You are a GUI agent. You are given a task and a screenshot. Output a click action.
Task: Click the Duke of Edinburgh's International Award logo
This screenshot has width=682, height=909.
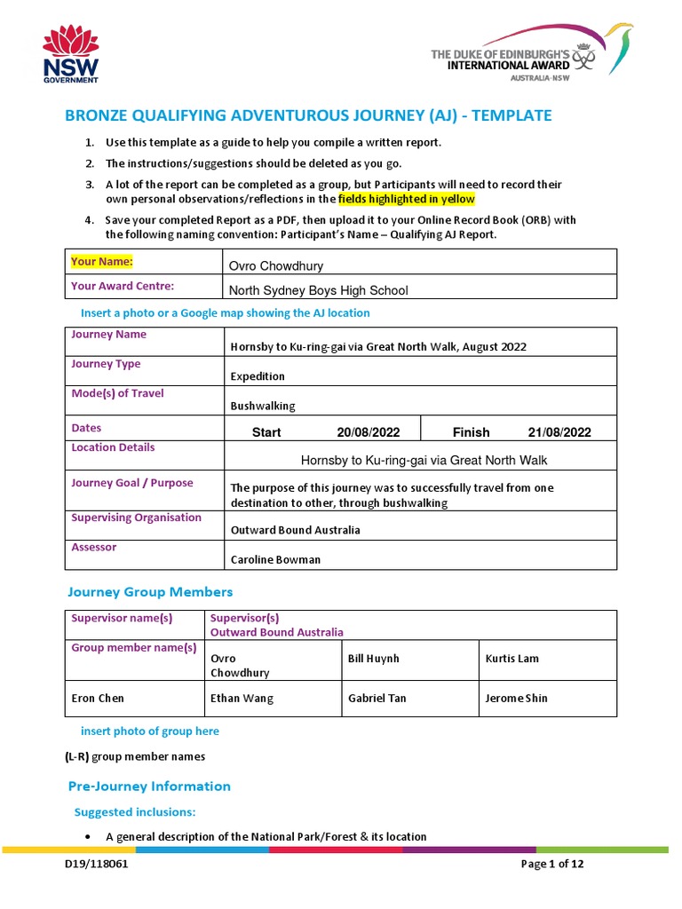point(530,53)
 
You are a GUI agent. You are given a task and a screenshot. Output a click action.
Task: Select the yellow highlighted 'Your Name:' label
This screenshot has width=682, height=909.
point(102,262)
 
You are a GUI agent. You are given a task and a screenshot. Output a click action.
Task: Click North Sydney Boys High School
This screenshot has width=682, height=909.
point(319,290)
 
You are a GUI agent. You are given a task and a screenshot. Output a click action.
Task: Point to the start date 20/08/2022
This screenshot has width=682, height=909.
point(368,432)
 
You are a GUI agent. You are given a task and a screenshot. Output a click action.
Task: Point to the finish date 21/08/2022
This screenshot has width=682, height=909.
point(559,432)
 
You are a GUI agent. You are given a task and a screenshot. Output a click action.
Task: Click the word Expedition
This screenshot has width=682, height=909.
point(258,376)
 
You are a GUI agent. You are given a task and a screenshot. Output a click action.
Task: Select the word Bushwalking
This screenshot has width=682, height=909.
point(263,406)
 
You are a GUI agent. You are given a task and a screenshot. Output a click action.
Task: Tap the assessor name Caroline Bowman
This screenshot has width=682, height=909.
point(275,559)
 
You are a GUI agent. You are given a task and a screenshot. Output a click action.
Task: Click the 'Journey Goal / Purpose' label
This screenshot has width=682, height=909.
point(131,483)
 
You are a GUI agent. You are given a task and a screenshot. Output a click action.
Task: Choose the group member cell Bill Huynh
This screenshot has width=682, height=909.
point(374,659)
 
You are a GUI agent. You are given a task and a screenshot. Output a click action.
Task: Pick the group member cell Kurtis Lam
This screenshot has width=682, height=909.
point(512,659)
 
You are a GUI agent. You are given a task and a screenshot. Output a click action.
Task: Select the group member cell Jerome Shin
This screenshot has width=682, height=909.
point(516,698)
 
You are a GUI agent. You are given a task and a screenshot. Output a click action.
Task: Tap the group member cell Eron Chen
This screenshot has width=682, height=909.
point(98,698)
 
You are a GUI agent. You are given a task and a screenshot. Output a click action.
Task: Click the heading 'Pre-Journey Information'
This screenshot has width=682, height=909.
point(149,786)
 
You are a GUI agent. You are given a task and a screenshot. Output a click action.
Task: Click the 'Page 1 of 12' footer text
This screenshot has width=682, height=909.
point(552,864)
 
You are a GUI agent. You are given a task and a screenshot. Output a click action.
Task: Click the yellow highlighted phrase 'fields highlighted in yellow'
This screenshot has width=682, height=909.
point(407,199)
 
